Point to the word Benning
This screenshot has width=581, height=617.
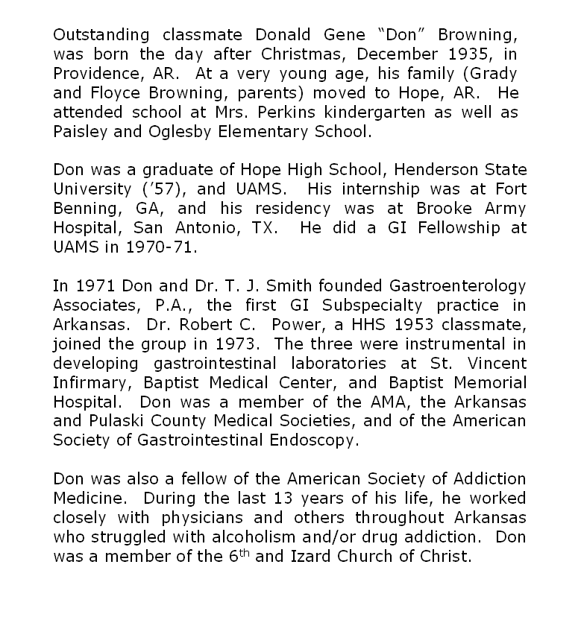[x=84, y=209]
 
